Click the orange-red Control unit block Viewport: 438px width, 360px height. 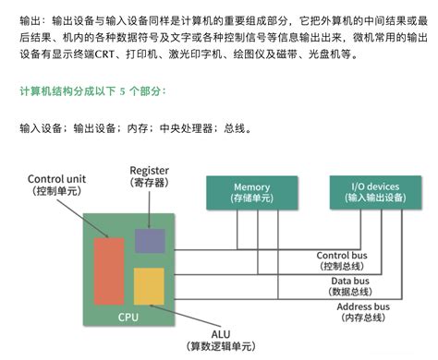tap(109, 271)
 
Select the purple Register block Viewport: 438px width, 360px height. tap(150, 241)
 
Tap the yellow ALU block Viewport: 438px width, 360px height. tap(149, 286)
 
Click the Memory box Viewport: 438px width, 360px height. tap(252, 193)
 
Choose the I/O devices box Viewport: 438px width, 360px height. tap(375, 192)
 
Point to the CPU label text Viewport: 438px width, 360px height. tap(128, 317)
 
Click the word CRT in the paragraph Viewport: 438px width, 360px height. tap(104, 54)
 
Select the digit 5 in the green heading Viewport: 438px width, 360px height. tap(123, 91)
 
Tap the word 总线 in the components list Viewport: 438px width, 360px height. tap(235, 128)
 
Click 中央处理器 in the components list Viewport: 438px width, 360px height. tap(186, 128)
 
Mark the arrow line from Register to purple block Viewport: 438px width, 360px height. tap(150, 210)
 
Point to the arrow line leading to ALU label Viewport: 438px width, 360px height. tap(185, 316)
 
